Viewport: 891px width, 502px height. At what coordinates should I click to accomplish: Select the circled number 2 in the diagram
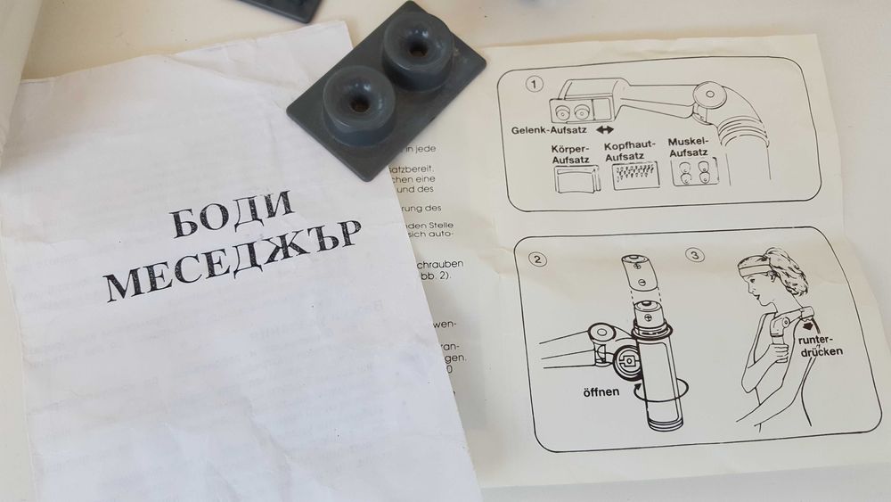tap(535, 259)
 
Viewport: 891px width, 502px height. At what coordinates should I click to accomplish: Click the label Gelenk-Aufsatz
tap(546, 130)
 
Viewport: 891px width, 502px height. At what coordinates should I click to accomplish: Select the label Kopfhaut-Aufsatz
tap(631, 151)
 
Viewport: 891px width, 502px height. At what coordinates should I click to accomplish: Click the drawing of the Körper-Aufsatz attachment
tap(574, 181)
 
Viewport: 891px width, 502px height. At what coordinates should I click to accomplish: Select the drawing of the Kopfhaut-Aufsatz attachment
tap(635, 177)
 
